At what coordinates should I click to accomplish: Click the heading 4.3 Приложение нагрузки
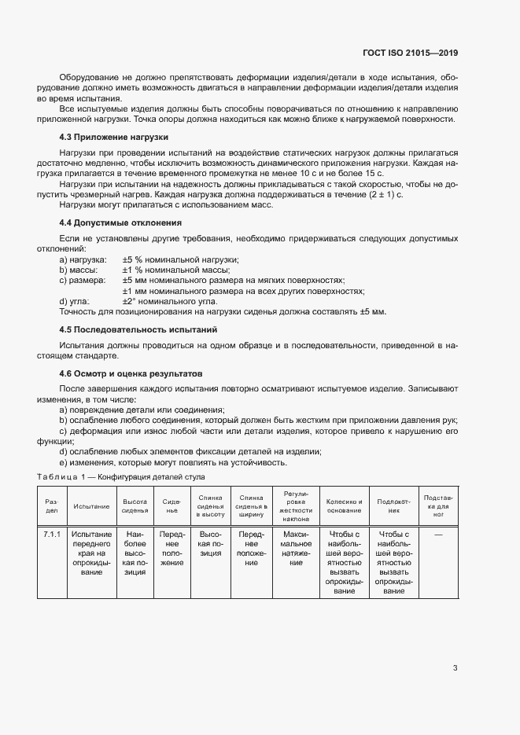tap(114, 137)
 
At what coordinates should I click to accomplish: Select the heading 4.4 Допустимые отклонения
tap(120, 222)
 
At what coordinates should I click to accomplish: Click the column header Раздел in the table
tap(51, 505)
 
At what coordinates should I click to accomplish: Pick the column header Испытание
tap(91, 505)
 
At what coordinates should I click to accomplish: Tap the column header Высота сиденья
tap(135, 505)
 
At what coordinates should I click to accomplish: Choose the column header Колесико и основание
tap(345, 505)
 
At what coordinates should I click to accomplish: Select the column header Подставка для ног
tap(437, 505)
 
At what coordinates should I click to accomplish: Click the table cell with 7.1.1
tap(51, 535)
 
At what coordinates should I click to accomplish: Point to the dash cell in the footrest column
tap(438, 535)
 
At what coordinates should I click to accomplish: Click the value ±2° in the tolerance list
tap(130, 301)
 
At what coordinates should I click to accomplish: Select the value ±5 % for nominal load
tap(133, 259)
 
